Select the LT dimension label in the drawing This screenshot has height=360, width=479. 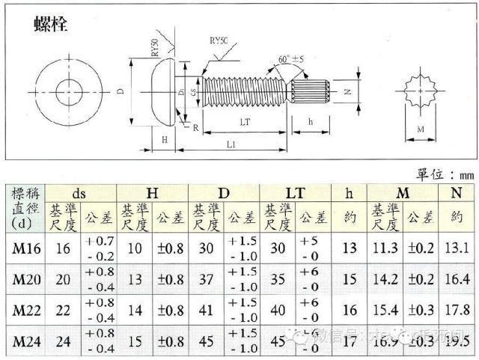tap(243, 121)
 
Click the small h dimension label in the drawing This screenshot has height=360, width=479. tap(310, 122)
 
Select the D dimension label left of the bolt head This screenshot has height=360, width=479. tap(122, 93)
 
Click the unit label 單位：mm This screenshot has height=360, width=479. tap(443, 174)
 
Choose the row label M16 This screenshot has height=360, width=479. tap(26, 248)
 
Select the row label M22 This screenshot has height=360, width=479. tap(26, 311)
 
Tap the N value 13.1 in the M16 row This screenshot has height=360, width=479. tap(457, 248)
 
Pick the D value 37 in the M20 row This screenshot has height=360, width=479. tap(207, 280)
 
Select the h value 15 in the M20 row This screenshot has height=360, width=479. tap(350, 280)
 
